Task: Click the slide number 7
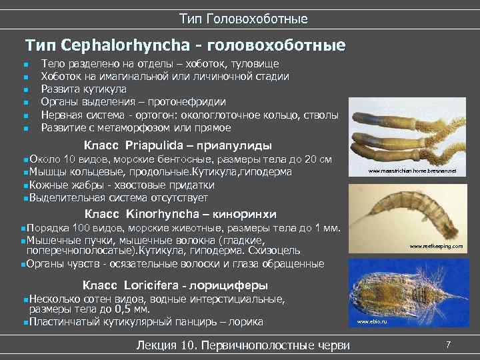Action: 449,345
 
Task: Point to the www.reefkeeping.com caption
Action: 437,246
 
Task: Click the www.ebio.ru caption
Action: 372,322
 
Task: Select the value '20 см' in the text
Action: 317,160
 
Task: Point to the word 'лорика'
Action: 246,322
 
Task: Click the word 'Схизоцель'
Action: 274,251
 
